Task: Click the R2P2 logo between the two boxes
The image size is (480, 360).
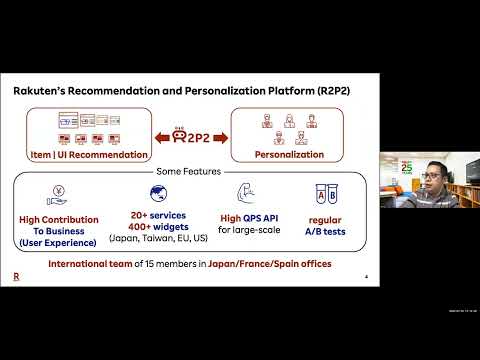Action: point(191,134)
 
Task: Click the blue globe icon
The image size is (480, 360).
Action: point(159,194)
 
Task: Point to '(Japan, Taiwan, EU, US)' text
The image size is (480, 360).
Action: point(158,238)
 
